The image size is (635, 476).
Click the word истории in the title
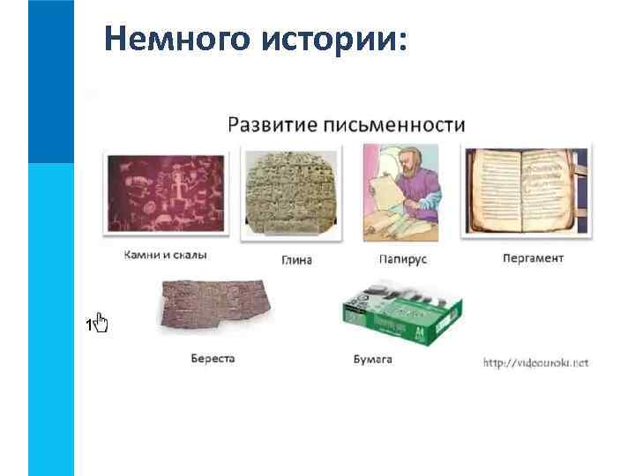(331, 39)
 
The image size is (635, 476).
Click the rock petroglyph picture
(166, 194)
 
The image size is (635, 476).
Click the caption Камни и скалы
(165, 256)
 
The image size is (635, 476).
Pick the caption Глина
(296, 260)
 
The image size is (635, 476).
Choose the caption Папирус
(402, 260)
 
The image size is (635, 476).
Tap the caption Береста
(213, 359)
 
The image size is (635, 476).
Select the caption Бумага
(371, 359)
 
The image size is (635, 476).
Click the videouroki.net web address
(535, 362)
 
